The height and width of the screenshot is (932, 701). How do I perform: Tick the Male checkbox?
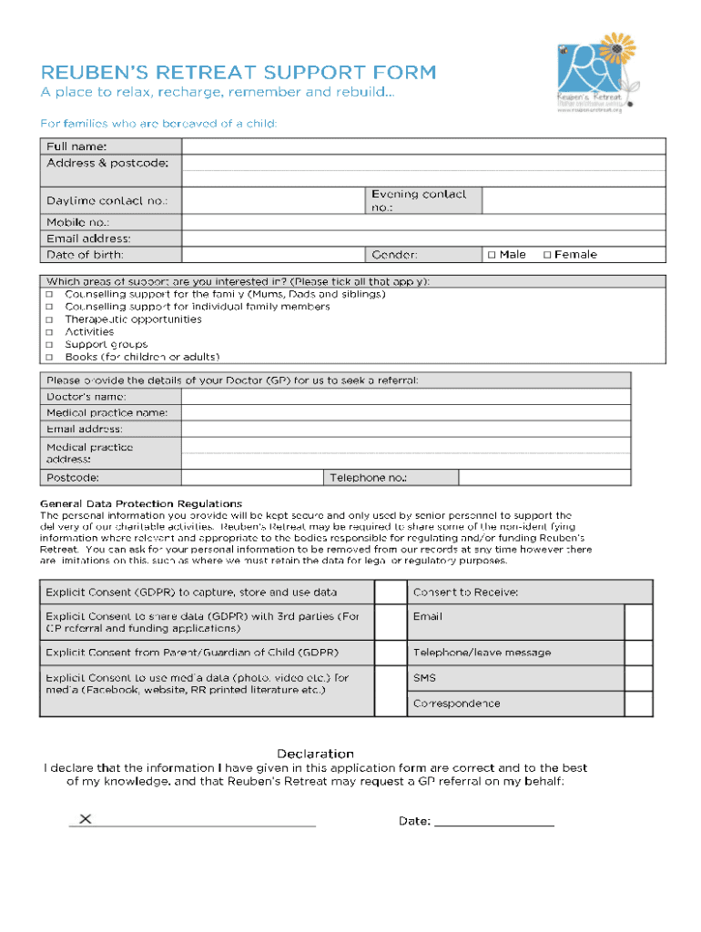(492, 255)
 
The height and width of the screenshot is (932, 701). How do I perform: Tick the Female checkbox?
(547, 255)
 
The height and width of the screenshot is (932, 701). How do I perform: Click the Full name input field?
(423, 147)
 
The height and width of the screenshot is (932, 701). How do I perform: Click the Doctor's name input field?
(405, 397)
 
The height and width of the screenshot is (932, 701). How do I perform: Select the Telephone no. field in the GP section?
(544, 478)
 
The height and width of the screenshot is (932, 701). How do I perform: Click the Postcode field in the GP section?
(252, 478)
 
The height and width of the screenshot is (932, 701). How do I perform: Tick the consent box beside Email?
(638, 623)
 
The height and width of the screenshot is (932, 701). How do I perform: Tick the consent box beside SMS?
(638, 678)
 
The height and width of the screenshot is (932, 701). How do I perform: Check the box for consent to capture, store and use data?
(391, 593)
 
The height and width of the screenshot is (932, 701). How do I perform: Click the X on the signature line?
(86, 819)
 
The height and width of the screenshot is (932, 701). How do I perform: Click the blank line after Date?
(494, 821)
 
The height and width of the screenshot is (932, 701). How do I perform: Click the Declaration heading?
(315, 754)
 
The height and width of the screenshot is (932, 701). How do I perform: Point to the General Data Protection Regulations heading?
(141, 503)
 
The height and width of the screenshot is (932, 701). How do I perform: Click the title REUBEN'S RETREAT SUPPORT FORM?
(238, 73)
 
